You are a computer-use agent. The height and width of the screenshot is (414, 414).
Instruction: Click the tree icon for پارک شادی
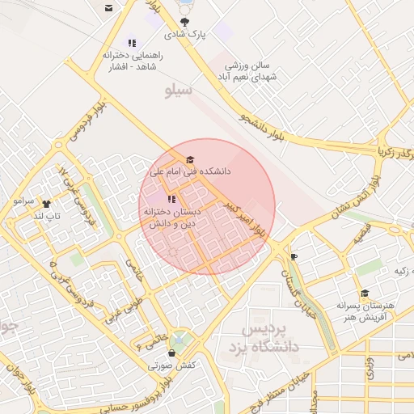pos(187,22)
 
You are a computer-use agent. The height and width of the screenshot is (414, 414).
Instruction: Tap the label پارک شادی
pos(187,36)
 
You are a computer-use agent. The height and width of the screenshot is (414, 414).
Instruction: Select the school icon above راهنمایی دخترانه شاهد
pos(132,43)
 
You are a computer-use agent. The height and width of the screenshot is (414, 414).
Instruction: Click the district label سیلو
pos(179,90)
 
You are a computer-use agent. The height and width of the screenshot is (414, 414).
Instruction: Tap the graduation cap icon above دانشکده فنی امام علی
pos(190,159)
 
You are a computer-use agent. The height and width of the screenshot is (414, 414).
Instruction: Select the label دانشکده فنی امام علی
pos(190,172)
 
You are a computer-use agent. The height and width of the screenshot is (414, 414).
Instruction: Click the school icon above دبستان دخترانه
pos(171,199)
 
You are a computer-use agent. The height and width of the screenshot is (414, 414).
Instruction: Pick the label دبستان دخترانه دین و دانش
pos(171,218)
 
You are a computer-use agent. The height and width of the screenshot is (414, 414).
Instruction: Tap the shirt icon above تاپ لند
pos(45,204)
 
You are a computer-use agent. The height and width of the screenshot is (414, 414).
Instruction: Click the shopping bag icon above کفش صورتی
pos(171,353)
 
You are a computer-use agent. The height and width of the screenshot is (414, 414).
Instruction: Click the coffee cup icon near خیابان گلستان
pos(294,257)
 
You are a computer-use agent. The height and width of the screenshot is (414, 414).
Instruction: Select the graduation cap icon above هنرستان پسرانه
pos(365,294)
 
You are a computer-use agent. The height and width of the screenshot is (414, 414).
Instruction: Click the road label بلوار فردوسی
pos(90,120)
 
